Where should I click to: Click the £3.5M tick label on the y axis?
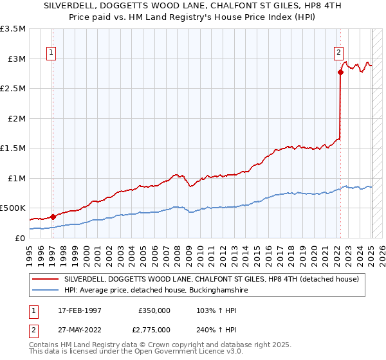13,29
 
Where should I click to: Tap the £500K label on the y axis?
13,208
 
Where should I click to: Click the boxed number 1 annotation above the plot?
51,53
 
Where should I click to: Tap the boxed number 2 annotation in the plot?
338,53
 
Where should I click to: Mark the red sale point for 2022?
340,72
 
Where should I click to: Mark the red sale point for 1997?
53,217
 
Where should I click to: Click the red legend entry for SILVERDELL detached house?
215,278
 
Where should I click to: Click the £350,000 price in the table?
154,310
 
